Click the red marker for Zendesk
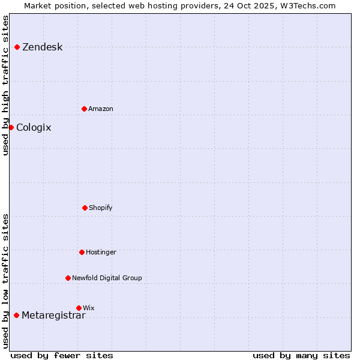pos(17,47)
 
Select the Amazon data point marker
pos(84,109)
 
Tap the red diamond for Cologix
pos(11,127)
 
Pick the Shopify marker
pos(85,208)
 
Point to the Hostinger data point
pos(82,252)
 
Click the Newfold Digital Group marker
pos(68,278)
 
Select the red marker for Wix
pos(79,308)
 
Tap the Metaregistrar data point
pos(16,315)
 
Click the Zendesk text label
pos(42,47)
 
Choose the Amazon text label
pos(100,109)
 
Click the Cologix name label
pos(34,128)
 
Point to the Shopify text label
pos(100,208)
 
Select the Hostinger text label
pos(101,253)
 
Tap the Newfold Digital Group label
pos(107,278)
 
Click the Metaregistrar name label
pos(53,316)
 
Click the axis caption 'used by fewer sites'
pos(62,355)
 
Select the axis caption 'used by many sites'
pos(301,355)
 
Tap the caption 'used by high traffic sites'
pos(6,85)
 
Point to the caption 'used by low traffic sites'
pos(6,281)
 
